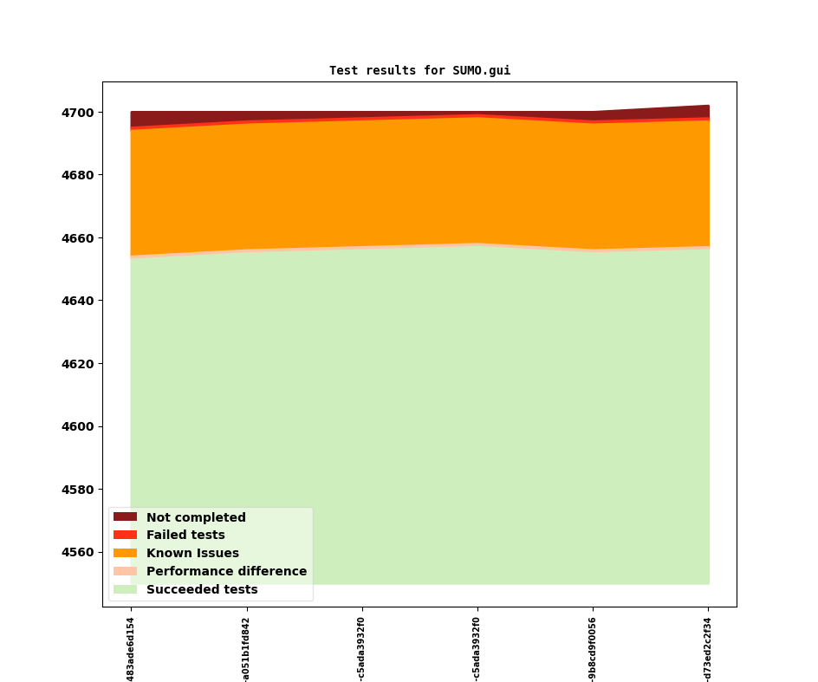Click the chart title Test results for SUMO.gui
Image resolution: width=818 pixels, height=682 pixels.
[x=420, y=70]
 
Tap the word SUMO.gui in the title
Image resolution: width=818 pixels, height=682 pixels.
[x=482, y=70]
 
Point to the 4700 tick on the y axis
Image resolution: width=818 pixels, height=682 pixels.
[x=78, y=113]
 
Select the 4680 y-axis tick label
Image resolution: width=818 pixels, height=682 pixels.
[x=78, y=175]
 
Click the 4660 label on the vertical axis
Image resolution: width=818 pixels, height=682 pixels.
[x=78, y=238]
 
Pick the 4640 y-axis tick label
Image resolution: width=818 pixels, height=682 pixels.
[x=78, y=301]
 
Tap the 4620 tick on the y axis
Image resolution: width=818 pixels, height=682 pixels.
[x=78, y=364]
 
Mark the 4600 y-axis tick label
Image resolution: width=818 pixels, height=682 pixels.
[x=78, y=427]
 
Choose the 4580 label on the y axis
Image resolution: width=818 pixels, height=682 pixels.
[x=78, y=490]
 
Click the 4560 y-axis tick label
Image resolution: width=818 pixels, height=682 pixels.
[x=78, y=553]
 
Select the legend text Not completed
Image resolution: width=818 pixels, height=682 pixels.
[x=196, y=517]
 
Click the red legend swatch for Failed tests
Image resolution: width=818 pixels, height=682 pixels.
[x=125, y=535]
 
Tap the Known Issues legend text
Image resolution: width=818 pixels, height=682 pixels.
[x=192, y=553]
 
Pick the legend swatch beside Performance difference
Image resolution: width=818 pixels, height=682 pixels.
[x=125, y=571]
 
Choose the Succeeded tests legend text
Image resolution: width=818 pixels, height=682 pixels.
[x=202, y=589]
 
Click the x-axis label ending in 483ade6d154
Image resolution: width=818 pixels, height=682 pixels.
[x=131, y=650]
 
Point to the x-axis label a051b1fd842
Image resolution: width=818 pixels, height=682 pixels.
[x=246, y=650]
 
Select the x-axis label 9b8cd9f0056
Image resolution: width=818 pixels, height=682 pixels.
[x=592, y=650]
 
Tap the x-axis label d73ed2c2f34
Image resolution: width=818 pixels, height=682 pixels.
[x=707, y=650]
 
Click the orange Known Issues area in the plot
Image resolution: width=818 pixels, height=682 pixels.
[x=420, y=183]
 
